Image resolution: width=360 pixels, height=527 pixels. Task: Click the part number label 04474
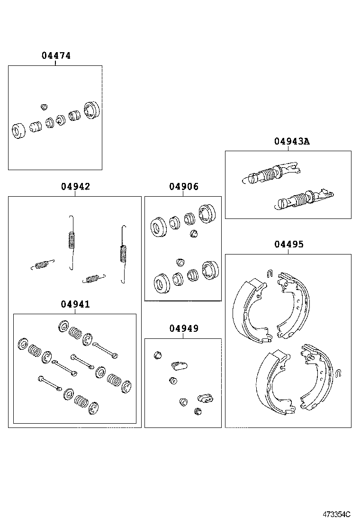(56, 55)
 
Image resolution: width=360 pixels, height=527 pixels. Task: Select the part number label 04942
(75, 187)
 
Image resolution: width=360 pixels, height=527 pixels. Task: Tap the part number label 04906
(184, 187)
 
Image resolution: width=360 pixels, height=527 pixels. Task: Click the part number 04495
(288, 245)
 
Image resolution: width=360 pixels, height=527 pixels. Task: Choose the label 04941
(75, 304)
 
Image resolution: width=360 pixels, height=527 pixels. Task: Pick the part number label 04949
(184, 328)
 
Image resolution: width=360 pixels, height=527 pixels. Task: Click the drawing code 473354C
(337, 514)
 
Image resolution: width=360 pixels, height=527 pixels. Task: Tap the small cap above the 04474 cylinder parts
(45, 106)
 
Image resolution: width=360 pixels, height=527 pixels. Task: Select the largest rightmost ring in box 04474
(91, 110)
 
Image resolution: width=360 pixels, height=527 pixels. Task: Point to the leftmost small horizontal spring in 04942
(43, 264)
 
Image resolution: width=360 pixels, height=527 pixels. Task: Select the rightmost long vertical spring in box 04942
(124, 254)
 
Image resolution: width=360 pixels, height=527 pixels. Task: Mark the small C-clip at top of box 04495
(269, 273)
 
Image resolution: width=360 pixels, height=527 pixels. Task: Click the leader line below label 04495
(288, 252)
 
